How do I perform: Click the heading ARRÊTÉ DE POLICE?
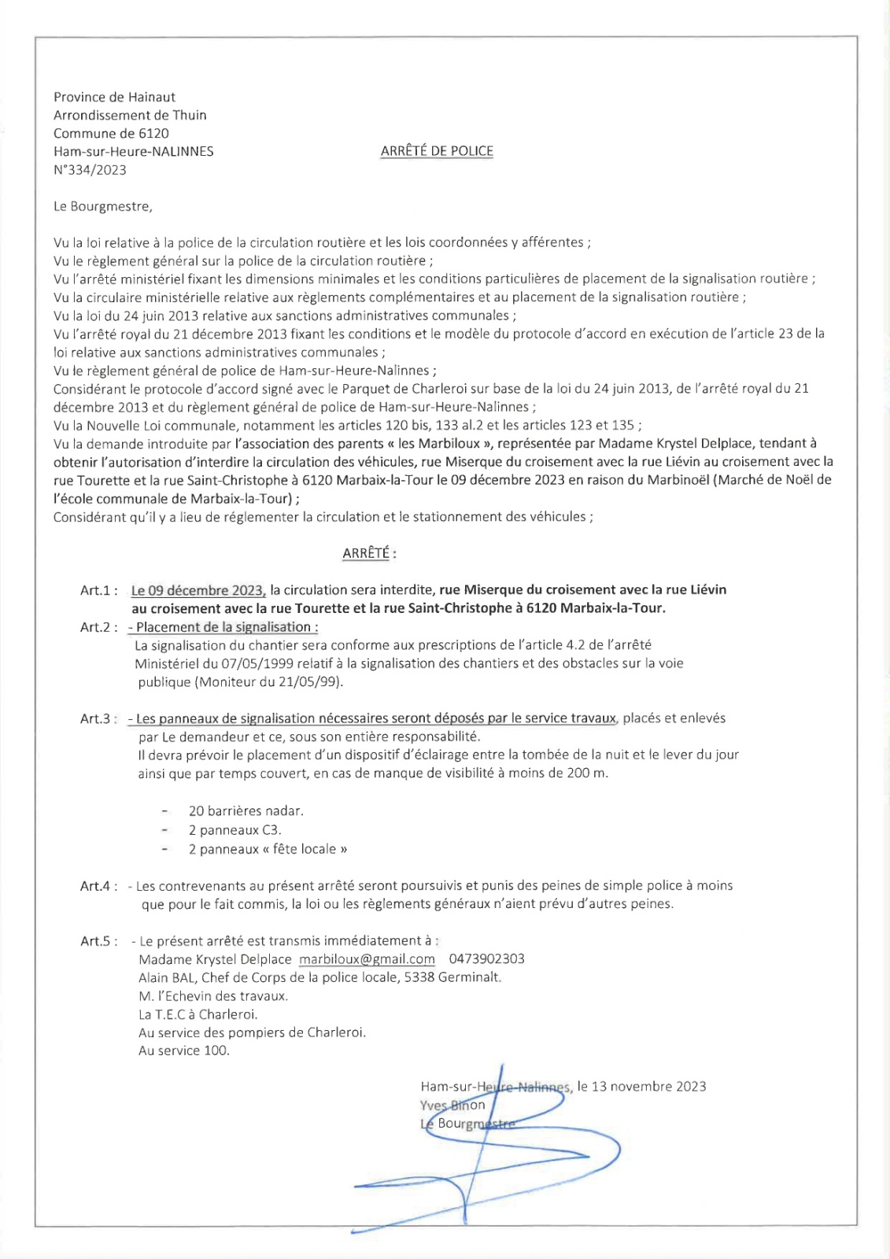437,151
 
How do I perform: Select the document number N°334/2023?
90,170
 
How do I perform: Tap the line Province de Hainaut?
114,97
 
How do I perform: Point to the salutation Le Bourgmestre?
102,207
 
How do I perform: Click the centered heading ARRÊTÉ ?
369,553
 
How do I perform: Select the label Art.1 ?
99,590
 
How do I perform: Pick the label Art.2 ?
99,627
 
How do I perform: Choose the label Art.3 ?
99,718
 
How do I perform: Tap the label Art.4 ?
99,886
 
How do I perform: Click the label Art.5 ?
99,941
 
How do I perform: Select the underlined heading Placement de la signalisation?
227,627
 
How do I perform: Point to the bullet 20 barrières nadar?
246,811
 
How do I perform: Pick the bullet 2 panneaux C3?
235,830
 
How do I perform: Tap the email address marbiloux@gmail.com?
367,959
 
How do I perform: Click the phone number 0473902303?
486,959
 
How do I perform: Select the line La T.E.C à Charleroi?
198,1014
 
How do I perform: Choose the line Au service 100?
183,1050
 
